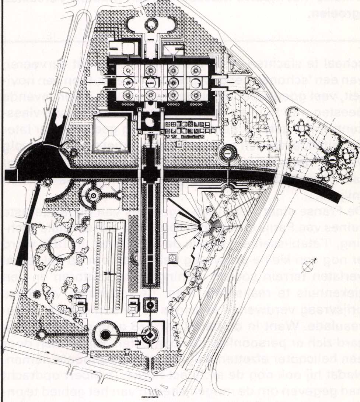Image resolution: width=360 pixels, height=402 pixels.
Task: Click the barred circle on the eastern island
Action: click(x=332, y=159)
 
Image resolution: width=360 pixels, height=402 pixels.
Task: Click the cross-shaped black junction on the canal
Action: click(x=150, y=174)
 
